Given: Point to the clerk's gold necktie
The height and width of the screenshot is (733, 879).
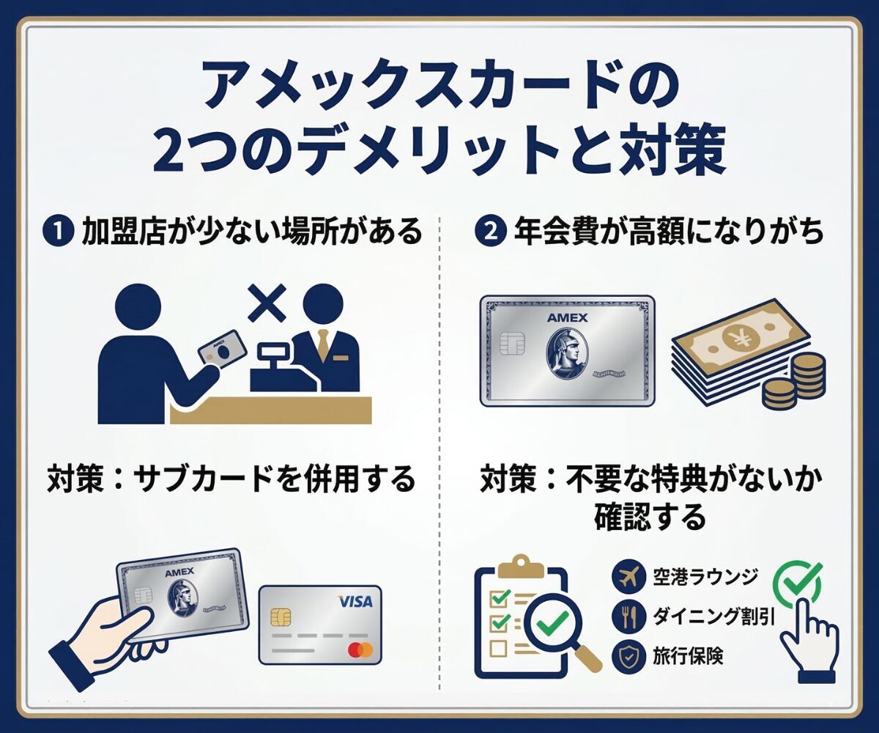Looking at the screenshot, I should click(x=322, y=345).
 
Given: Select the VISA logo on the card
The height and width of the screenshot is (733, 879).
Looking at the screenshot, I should click(x=355, y=602).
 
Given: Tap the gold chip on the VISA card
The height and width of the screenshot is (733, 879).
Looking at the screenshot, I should click(x=280, y=617).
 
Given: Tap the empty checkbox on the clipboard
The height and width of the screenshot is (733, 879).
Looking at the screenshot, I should click(x=499, y=648).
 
